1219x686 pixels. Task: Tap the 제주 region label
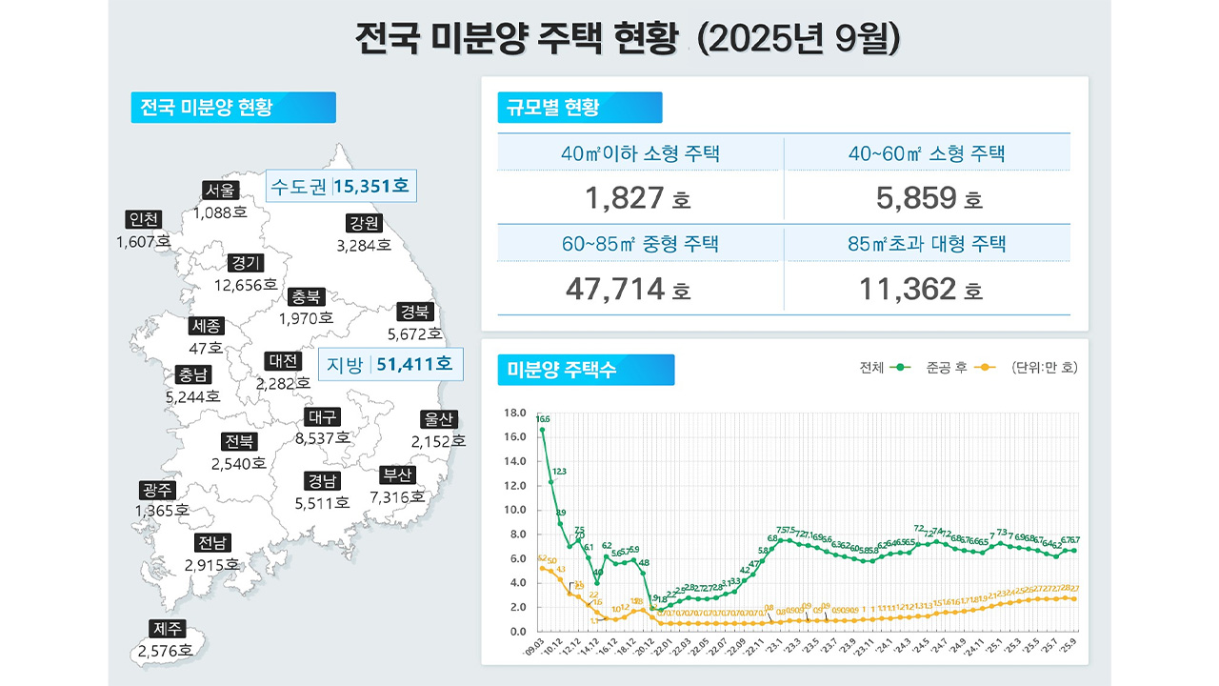click(166, 629)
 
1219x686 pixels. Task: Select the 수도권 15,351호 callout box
click(340, 186)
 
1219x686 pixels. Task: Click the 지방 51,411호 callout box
click(390, 363)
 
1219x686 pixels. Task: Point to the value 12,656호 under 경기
click(246, 285)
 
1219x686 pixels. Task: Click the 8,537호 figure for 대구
click(323, 438)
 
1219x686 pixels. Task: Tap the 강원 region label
click(364, 224)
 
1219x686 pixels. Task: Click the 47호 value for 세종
click(206, 348)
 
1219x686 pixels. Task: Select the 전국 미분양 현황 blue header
click(232, 108)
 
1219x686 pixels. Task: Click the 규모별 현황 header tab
click(579, 108)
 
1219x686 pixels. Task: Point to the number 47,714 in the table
click(615, 289)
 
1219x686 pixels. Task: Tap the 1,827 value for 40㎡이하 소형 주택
click(625, 198)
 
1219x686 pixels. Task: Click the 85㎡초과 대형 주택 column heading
click(927, 244)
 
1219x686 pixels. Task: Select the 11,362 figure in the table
click(909, 289)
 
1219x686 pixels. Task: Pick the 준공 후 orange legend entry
click(960, 367)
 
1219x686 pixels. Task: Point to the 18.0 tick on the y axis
click(514, 414)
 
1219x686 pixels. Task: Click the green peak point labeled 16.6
click(542, 430)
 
